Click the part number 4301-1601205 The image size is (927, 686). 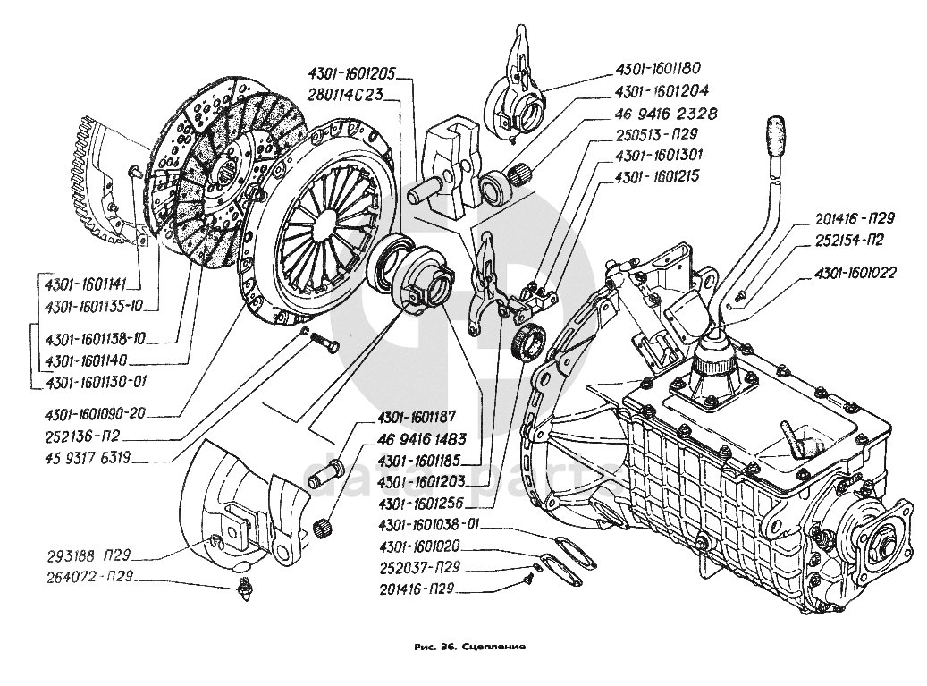coord(352,75)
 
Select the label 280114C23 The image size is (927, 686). coord(349,94)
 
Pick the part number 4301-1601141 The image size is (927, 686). coord(85,284)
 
